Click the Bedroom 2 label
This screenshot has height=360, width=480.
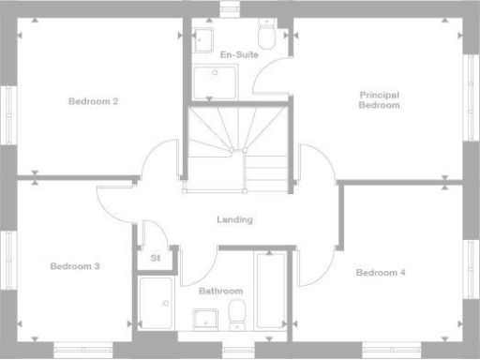93,100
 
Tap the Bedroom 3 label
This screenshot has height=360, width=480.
75,266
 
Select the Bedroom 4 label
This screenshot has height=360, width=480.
380,272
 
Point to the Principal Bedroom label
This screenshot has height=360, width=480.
379,99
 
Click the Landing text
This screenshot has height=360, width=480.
234,219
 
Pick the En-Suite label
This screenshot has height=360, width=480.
239,54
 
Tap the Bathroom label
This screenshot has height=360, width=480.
220,291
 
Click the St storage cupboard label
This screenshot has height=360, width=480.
155,258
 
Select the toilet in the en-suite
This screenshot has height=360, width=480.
266,35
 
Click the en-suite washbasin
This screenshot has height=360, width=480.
203,38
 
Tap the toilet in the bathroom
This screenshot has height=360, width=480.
237,313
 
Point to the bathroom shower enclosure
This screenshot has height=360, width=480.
156,302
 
